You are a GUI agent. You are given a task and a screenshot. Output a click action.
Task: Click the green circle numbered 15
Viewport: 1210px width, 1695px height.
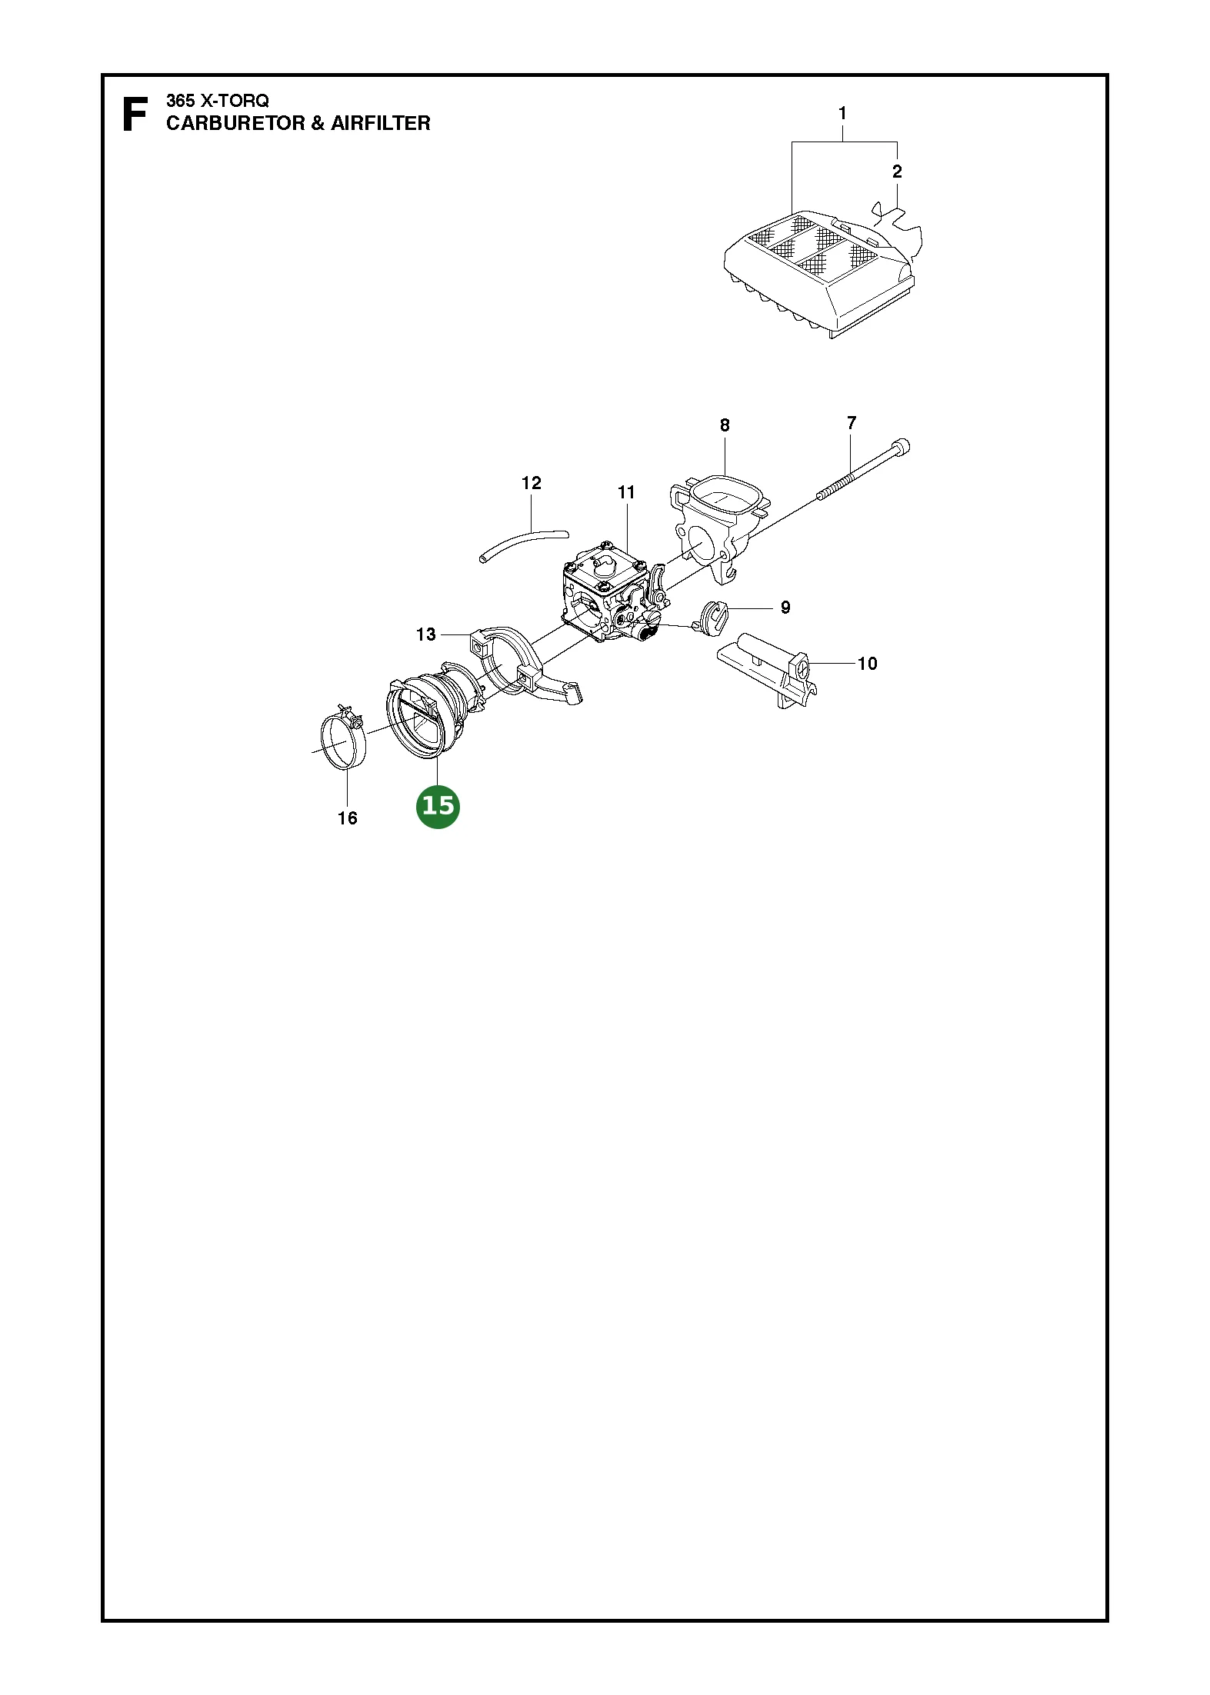(x=438, y=806)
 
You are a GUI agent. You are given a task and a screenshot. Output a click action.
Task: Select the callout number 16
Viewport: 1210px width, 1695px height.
(x=348, y=818)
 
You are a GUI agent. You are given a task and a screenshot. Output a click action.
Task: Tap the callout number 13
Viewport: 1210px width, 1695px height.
(x=426, y=634)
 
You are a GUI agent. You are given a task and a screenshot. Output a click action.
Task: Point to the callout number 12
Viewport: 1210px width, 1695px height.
(x=532, y=483)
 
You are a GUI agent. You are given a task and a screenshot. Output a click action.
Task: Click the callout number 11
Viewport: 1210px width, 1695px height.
(x=627, y=492)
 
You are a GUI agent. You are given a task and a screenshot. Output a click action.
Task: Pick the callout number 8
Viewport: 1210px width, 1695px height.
(x=725, y=425)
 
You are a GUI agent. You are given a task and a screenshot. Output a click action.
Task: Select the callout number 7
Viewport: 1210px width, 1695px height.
(x=852, y=423)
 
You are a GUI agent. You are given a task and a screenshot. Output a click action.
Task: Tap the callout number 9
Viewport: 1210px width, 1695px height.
(x=785, y=608)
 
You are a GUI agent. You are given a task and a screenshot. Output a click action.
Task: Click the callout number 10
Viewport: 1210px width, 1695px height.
(x=868, y=664)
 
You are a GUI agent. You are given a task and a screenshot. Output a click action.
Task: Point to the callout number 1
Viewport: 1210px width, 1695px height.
(x=842, y=113)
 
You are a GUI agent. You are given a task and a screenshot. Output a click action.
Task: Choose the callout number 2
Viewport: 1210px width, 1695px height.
(x=897, y=171)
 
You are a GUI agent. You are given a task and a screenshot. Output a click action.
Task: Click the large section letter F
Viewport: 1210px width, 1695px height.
(x=135, y=115)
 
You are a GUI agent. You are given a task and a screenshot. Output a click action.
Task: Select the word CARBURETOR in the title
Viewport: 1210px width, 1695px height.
(x=235, y=123)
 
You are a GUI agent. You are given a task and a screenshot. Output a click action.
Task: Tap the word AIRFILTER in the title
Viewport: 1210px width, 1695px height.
(x=381, y=123)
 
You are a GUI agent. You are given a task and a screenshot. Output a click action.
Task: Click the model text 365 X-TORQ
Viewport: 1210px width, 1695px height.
(x=218, y=101)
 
